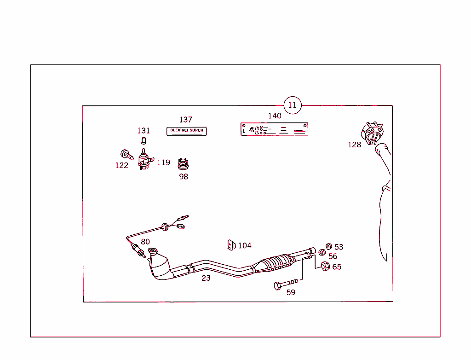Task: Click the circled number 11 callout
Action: tap(292, 105)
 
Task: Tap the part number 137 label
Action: tap(185, 120)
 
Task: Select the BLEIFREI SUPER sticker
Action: tap(186, 131)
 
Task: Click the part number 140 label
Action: tap(275, 116)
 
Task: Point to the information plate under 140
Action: tap(274, 129)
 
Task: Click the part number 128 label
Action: tap(354, 145)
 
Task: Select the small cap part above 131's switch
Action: tap(143, 140)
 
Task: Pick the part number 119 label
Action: tap(163, 163)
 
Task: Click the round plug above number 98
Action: tap(184, 163)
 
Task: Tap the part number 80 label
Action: tap(145, 242)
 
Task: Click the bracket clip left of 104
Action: tap(231, 245)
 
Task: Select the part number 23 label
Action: tap(206, 278)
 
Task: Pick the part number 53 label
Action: tap(339, 247)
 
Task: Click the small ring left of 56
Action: tap(322, 253)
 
